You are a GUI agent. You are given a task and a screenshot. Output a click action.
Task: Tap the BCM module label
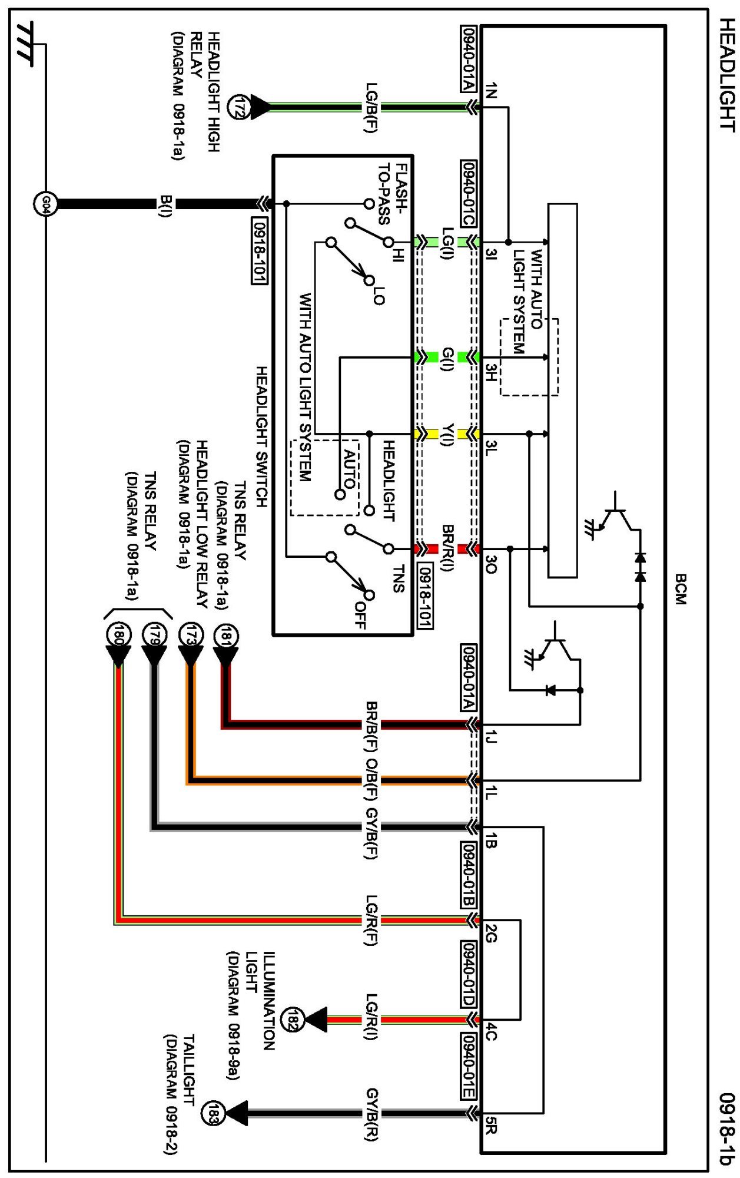[x=681, y=590]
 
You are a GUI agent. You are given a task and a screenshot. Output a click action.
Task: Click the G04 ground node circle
[x=45, y=204]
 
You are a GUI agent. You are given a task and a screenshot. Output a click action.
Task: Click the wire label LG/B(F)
[x=371, y=107]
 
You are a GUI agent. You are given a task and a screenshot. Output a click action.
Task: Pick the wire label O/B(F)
[x=371, y=780]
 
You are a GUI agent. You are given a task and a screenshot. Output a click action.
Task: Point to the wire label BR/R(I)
[x=447, y=548]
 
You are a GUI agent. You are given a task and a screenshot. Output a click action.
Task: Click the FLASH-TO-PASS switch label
[x=392, y=194]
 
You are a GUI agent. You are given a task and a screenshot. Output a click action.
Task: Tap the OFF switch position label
[x=360, y=614]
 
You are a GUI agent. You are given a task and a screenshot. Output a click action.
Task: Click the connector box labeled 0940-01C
[x=468, y=193]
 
